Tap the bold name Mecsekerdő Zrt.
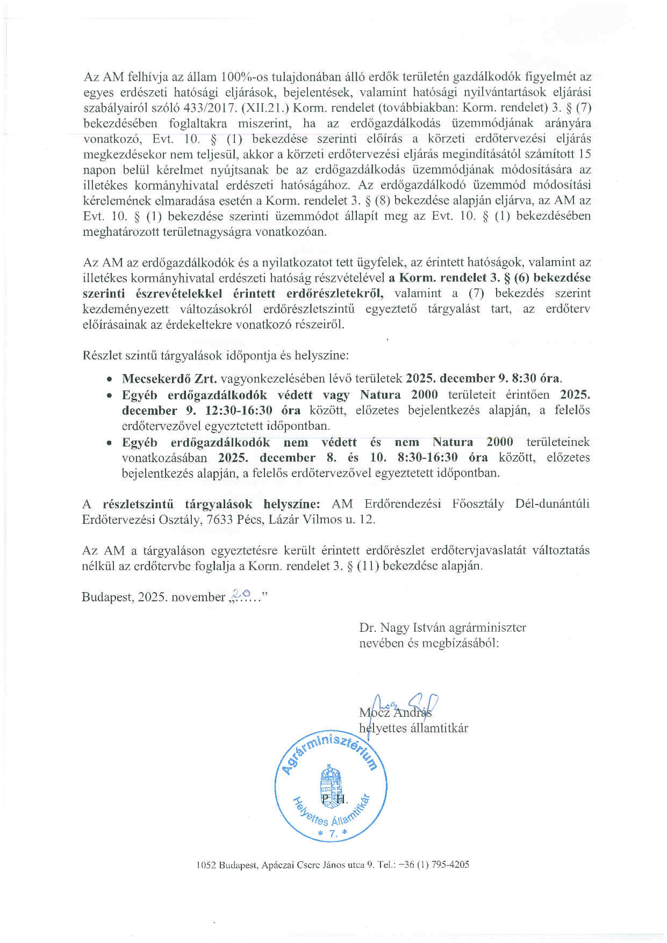click(x=169, y=378)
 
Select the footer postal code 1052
click(x=206, y=865)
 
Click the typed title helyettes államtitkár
click(x=413, y=728)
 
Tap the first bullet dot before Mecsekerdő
click(x=110, y=379)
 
